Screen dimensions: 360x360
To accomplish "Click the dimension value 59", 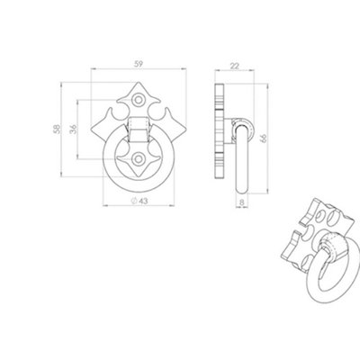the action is [139, 64].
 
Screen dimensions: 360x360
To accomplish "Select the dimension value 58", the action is [57, 129].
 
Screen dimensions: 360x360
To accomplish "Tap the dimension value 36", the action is [74, 129].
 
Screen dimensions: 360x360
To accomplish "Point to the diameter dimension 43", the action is [139, 201].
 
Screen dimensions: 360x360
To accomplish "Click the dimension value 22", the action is [234, 66].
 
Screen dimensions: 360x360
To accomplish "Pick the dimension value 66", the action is [264, 139].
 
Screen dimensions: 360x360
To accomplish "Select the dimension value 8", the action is [242, 202].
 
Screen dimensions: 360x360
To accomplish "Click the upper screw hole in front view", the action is [139, 100].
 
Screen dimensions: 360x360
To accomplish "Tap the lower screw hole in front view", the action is [139, 158].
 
